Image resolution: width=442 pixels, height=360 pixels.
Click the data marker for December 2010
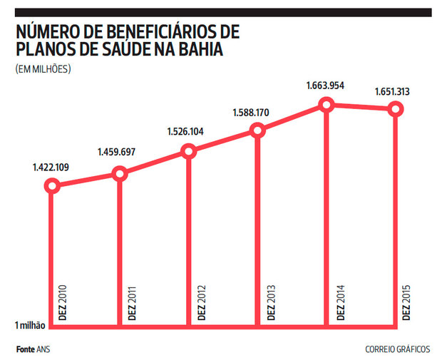[x=51, y=186]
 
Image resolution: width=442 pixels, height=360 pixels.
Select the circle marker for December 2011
[x=120, y=174]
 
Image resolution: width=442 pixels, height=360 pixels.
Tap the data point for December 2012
[x=188, y=151]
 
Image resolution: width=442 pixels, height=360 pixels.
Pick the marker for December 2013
[x=257, y=130]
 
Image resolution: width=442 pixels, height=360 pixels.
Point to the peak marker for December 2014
[x=327, y=105]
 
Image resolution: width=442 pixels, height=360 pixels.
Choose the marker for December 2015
[x=396, y=108]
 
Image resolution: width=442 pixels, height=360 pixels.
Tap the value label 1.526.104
[x=187, y=132]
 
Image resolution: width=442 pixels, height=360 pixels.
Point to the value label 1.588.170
[x=253, y=112]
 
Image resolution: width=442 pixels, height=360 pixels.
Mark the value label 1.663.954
[x=327, y=86]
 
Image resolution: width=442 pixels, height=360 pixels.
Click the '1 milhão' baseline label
[x=30, y=326]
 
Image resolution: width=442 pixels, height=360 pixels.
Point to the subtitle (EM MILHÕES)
[x=42, y=69]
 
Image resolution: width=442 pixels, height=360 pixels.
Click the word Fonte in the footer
[x=26, y=349]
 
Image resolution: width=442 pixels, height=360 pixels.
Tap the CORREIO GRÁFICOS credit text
[x=397, y=349]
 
